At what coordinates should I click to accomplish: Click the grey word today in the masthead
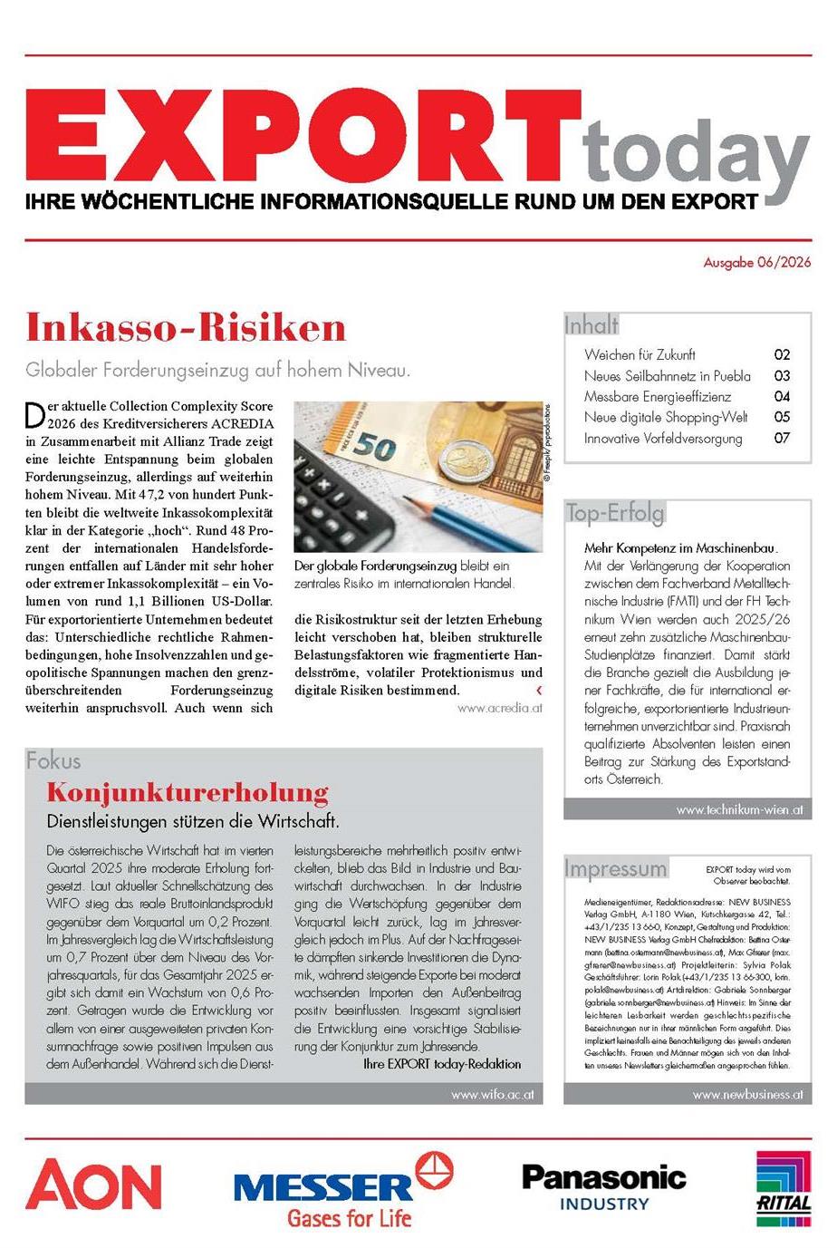[696, 156]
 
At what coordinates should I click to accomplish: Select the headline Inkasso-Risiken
[186, 327]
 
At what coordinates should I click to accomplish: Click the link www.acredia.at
[500, 708]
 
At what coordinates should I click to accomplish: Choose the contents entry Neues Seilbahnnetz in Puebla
[668, 375]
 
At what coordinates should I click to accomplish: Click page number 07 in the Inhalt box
[782, 438]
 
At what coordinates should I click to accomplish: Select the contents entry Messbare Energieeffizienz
[658, 396]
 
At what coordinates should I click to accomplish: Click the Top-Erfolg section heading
[614, 513]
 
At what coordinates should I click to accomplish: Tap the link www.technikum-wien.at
[739, 809]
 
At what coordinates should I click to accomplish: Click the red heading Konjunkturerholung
[188, 792]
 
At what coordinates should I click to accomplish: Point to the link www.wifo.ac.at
[493, 1094]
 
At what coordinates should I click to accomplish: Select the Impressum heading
[615, 868]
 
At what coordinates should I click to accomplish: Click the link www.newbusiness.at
[747, 1094]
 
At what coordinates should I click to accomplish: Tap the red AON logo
[93, 1185]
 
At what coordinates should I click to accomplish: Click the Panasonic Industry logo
[604, 1186]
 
